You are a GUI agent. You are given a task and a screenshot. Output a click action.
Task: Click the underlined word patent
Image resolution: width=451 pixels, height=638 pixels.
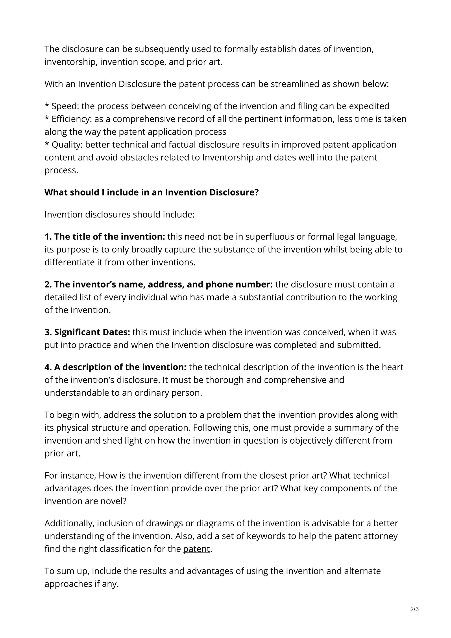tap(196, 549)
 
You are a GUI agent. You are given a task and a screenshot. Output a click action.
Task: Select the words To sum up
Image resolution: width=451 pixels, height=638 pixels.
tap(67, 571)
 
